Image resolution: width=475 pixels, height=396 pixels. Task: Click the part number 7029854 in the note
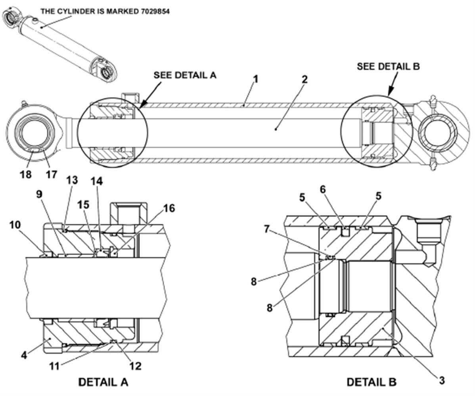155,11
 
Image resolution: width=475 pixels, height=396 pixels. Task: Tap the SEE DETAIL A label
185,75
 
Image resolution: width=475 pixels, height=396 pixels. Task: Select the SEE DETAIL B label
388,66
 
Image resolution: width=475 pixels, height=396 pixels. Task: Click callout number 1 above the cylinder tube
256,79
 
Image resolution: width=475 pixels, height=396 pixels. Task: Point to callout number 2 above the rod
305,79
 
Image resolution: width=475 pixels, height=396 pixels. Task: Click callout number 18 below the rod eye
26,175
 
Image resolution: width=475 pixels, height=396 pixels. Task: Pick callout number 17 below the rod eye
51,175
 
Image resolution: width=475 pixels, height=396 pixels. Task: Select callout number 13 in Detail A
72,180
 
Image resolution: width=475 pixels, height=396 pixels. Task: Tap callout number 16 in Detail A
169,208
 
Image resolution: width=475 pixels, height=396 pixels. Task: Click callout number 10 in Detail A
15,225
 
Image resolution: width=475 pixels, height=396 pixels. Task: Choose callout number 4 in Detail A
24,355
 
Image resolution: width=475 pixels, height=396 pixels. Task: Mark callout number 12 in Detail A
136,366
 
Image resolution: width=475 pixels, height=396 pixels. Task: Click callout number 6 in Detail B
323,189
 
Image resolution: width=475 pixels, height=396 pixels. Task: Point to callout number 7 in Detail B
266,229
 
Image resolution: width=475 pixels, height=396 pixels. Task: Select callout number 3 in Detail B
442,380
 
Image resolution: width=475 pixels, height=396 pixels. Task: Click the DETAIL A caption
103,382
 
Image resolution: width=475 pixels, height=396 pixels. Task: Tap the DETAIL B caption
372,382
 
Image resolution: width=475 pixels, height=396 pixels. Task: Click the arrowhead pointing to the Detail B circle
390,92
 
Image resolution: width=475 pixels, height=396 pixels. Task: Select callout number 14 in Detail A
97,181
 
